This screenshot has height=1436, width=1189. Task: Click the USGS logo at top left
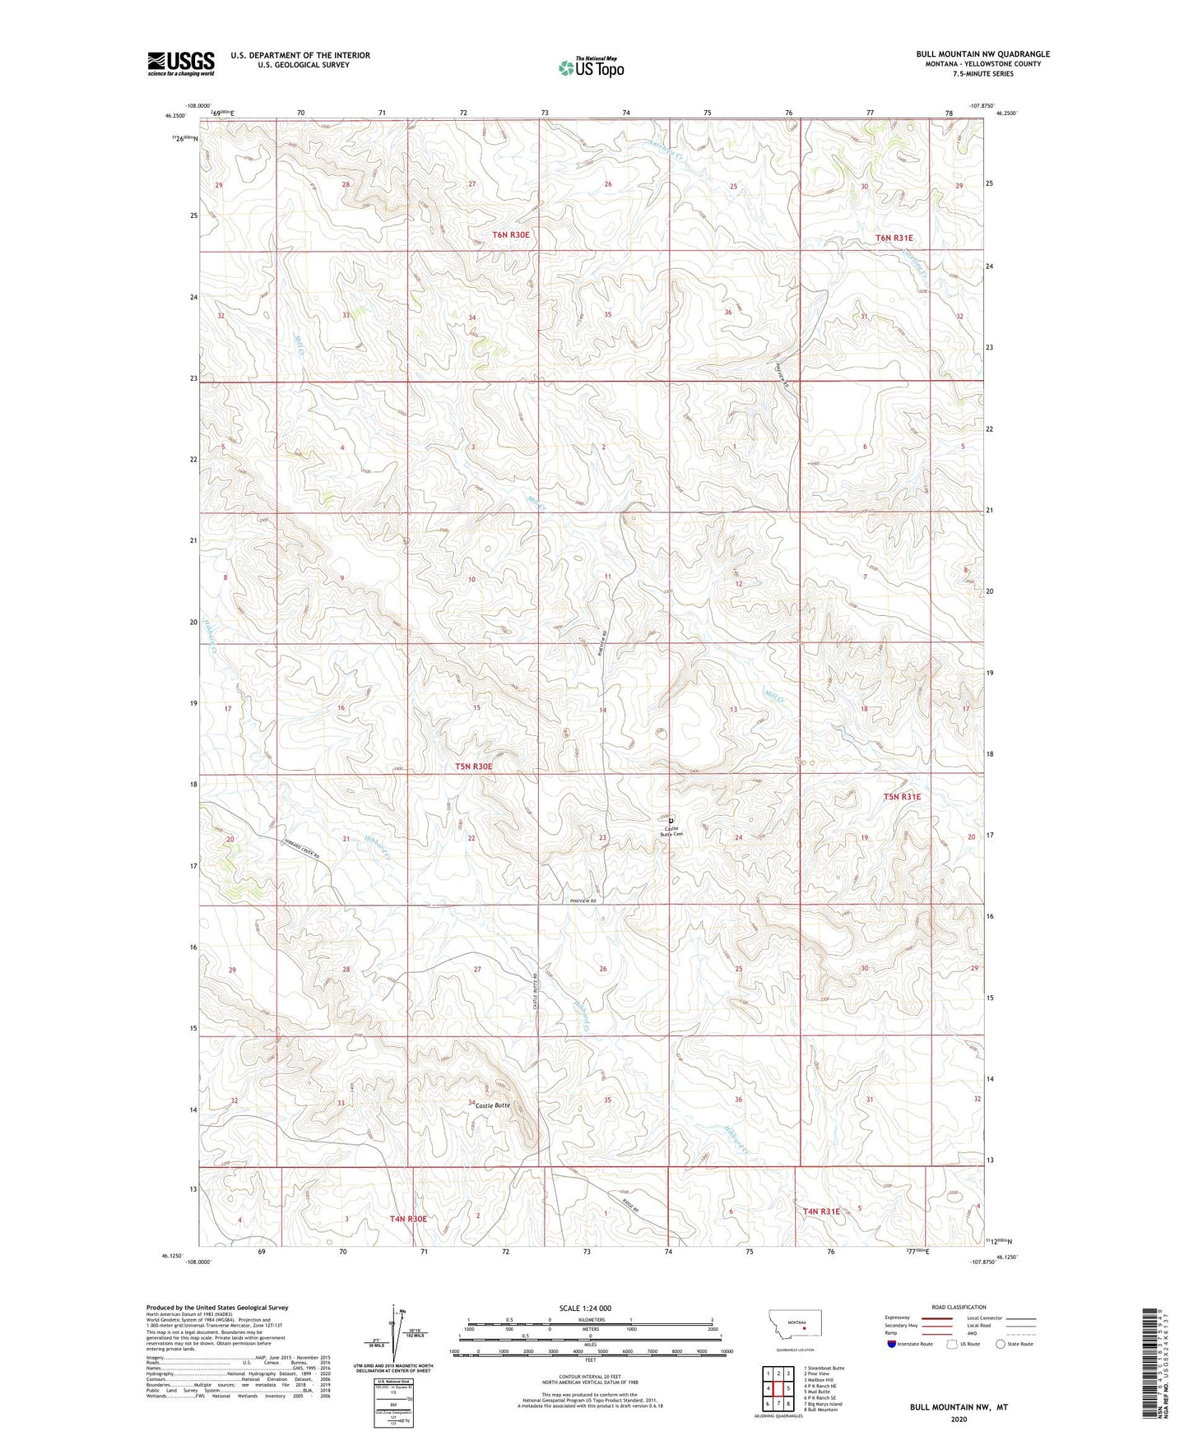pos(181,63)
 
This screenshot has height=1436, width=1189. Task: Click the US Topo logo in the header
pos(591,67)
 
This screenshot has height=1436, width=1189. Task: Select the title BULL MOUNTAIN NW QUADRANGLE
pos(982,54)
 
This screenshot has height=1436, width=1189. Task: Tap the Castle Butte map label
pos(493,1105)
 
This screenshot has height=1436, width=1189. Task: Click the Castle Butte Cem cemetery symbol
pos(671,821)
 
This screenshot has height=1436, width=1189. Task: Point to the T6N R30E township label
pos(511,234)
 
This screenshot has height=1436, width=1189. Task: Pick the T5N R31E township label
pos(902,797)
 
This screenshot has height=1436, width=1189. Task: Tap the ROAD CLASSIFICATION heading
pos(959,1307)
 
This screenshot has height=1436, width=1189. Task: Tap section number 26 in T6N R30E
pos(608,184)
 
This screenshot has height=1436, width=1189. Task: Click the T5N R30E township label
pos(474,767)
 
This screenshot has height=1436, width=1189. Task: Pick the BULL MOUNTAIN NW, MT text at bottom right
pos(958,1407)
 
